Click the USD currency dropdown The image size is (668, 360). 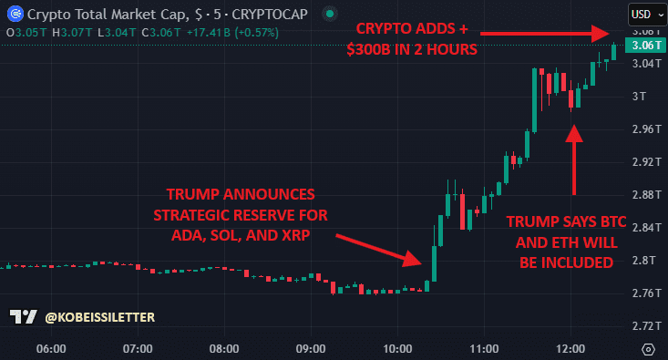click(x=646, y=14)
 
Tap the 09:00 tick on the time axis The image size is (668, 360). click(x=311, y=348)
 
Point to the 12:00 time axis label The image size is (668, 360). click(x=570, y=348)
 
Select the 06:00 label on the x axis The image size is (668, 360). click(x=50, y=348)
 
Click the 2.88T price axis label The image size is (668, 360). click(x=644, y=194)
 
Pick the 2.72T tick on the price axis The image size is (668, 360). click(x=644, y=325)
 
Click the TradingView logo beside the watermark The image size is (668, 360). click(x=24, y=317)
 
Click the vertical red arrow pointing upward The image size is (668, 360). click(x=574, y=159)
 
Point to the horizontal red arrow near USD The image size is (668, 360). click(x=547, y=34)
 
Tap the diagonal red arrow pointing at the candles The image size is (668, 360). click(x=378, y=249)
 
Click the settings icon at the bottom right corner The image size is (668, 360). click(x=648, y=348)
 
